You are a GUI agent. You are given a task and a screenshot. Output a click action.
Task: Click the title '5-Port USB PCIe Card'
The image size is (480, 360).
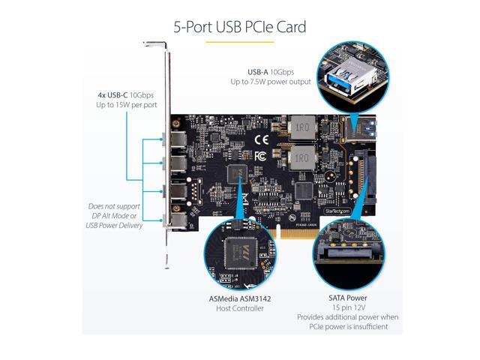(x=239, y=27)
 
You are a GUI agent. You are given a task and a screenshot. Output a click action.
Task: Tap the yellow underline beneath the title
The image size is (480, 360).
(x=239, y=42)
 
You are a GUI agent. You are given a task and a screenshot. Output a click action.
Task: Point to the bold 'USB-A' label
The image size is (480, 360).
(x=250, y=70)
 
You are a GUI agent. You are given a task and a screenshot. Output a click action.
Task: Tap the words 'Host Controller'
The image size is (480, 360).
(x=238, y=308)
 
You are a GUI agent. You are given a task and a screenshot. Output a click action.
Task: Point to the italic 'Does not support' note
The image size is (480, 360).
(x=114, y=205)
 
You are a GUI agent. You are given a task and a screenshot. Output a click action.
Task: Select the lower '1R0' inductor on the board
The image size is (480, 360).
(x=301, y=158)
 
